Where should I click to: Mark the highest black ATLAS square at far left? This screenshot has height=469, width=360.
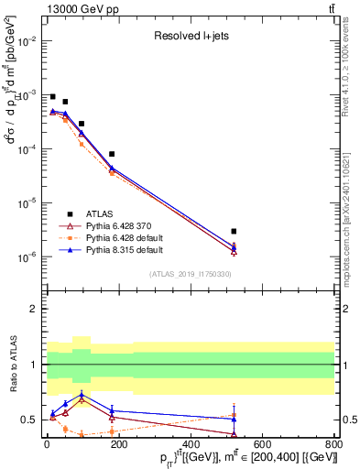52,96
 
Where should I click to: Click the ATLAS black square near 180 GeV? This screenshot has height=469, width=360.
112,154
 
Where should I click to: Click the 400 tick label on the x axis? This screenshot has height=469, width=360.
191,445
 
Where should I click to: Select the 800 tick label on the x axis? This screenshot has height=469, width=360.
334,445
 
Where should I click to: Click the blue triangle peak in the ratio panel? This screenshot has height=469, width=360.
82,395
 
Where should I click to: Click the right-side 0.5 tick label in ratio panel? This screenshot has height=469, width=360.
348,420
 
